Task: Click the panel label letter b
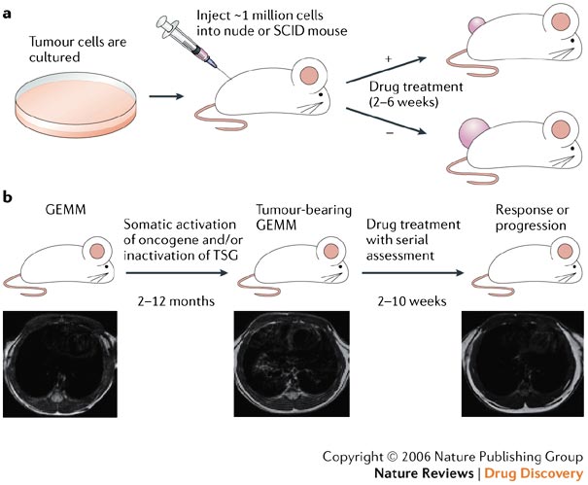8,196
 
